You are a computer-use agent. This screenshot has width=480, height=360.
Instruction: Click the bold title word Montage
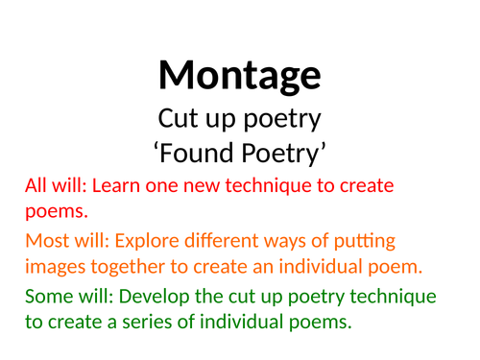239,74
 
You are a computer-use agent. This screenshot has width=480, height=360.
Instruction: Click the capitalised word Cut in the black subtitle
176,120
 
